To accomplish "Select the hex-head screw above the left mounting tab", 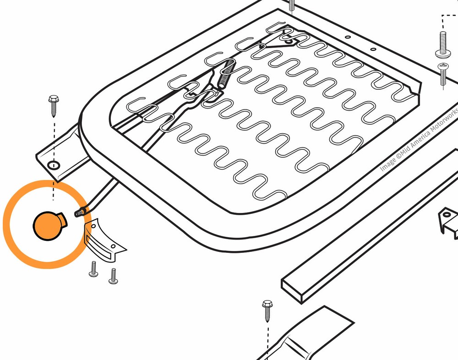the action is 54,106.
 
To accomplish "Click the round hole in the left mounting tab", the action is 54,165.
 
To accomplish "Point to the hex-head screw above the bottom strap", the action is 267,311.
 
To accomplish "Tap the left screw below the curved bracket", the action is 93,269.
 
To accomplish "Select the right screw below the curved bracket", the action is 113,276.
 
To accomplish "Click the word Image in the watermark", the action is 388,164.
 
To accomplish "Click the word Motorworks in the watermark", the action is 445,120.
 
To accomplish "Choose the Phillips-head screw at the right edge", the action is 443,74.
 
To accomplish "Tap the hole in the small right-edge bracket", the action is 447,215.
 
